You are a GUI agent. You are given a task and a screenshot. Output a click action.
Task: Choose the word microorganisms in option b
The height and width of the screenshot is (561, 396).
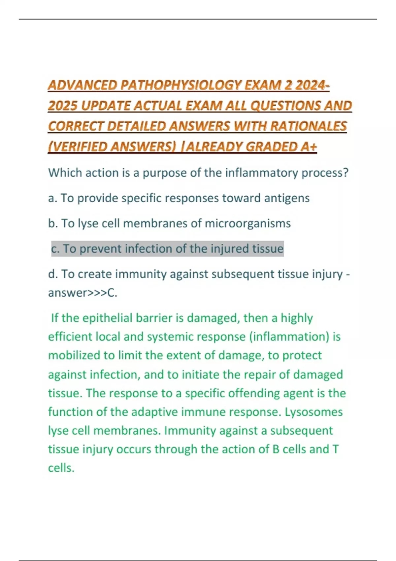pyautogui.click(x=247, y=223)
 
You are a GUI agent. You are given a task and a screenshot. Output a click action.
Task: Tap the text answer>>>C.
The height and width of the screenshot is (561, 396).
pyautogui.click(x=82, y=293)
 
